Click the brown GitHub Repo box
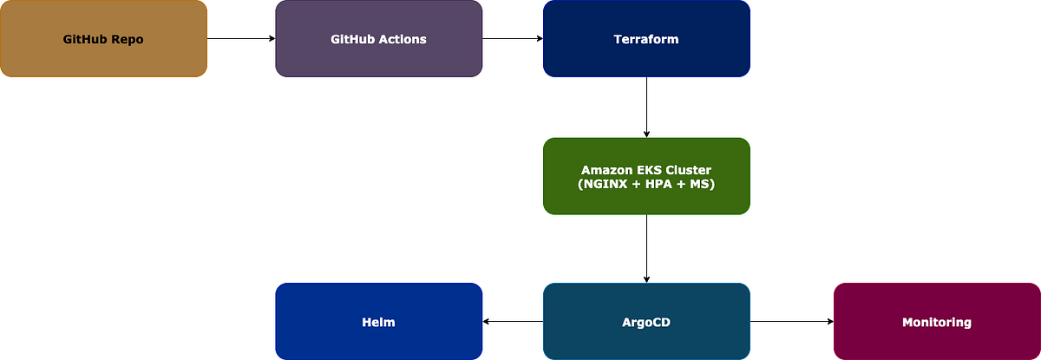click(103, 38)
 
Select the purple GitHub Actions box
click(379, 38)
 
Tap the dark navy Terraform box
click(646, 38)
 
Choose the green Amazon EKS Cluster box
click(646, 176)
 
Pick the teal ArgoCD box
click(646, 322)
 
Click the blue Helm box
click(379, 322)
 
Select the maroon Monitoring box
click(937, 322)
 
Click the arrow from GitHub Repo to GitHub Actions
click(241, 38)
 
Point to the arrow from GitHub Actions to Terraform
click(513, 38)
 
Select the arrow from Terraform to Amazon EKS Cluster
click(646, 108)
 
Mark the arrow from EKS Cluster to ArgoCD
click(646, 248)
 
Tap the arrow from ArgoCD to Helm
click(513, 322)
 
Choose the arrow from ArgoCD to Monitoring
click(792, 322)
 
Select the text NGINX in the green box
click(605, 184)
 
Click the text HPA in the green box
click(658, 184)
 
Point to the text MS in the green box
click(700, 184)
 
